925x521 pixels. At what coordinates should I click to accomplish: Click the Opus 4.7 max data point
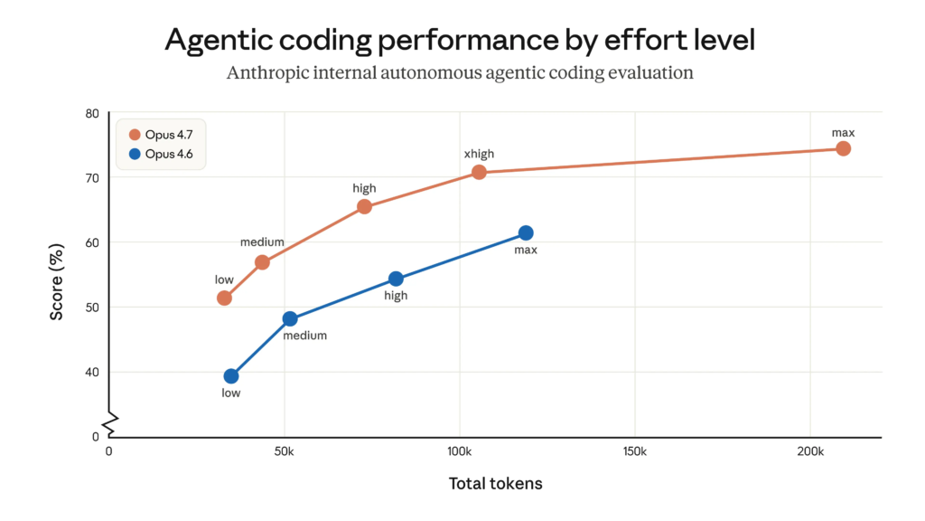click(x=843, y=148)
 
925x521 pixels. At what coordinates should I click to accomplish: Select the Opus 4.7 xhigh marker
click(x=479, y=172)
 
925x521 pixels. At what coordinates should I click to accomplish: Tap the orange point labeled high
click(x=364, y=206)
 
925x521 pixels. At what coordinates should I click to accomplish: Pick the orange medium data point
click(x=262, y=262)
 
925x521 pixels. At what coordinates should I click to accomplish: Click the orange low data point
click(x=224, y=298)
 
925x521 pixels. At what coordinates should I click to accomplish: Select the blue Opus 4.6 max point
click(x=526, y=233)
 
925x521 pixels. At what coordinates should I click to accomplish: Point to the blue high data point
click(x=396, y=279)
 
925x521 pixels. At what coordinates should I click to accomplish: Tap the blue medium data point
click(x=290, y=318)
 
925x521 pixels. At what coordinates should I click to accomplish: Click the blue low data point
click(x=231, y=376)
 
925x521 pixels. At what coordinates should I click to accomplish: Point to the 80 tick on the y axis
click(x=92, y=113)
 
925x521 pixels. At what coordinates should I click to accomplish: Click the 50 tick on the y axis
click(x=92, y=308)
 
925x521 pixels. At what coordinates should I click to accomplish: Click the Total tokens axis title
click(x=495, y=484)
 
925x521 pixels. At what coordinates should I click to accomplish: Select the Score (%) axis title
click(x=57, y=281)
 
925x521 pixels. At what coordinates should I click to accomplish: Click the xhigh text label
click(x=479, y=154)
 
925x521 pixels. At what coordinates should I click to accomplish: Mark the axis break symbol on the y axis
click(x=109, y=422)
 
